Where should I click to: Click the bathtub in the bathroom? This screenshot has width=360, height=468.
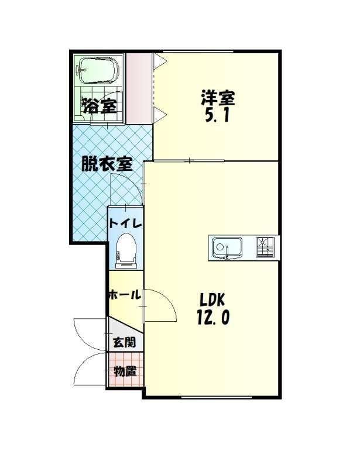[x=98, y=70]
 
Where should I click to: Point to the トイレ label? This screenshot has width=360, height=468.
[x=125, y=223]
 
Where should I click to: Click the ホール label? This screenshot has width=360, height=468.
[x=125, y=295]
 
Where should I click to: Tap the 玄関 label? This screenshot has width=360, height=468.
[x=124, y=342]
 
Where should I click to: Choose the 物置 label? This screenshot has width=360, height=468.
[x=125, y=371]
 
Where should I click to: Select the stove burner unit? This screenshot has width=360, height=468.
[x=265, y=247]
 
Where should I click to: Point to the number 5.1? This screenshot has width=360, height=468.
[x=217, y=115]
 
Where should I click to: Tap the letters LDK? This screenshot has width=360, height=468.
[x=212, y=300]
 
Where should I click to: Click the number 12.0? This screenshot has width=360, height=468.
[x=213, y=317]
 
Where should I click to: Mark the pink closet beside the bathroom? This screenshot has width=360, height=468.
[x=139, y=88]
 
